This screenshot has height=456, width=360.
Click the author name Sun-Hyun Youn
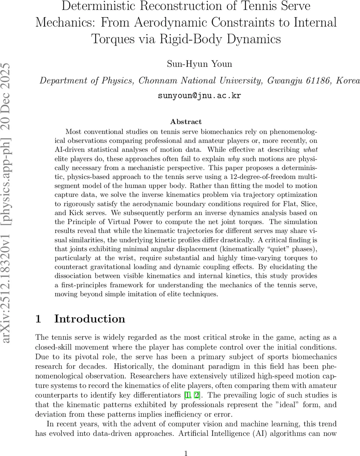[x=199, y=63]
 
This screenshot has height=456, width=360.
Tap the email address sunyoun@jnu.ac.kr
[x=199, y=95]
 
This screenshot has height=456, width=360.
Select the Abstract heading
[x=186, y=122]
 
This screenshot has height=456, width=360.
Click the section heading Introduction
[x=90, y=318]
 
